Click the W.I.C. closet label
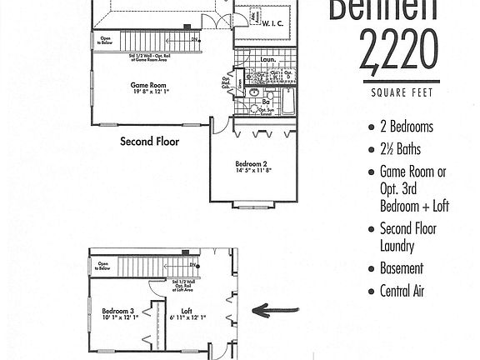[x=274, y=24]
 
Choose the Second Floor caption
[x=150, y=142]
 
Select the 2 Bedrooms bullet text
[x=406, y=127]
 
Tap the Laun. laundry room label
[x=268, y=60]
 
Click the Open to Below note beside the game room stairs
[x=106, y=39]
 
